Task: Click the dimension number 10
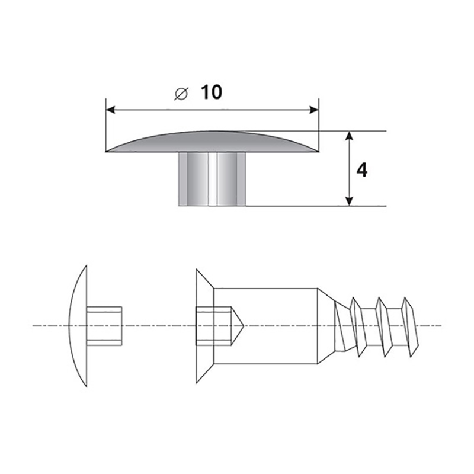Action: pos(212,92)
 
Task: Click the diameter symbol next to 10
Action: pos(181,94)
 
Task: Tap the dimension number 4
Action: pos(362,170)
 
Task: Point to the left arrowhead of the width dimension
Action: pos(110,110)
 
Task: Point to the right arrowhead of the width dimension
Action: pos(314,110)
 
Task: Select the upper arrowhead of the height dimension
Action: pos(349,136)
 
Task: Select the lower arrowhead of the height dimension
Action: pos(349,201)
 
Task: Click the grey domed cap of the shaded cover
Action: pos(212,142)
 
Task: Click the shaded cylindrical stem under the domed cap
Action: pos(212,180)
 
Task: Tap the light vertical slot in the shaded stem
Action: pos(213,180)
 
